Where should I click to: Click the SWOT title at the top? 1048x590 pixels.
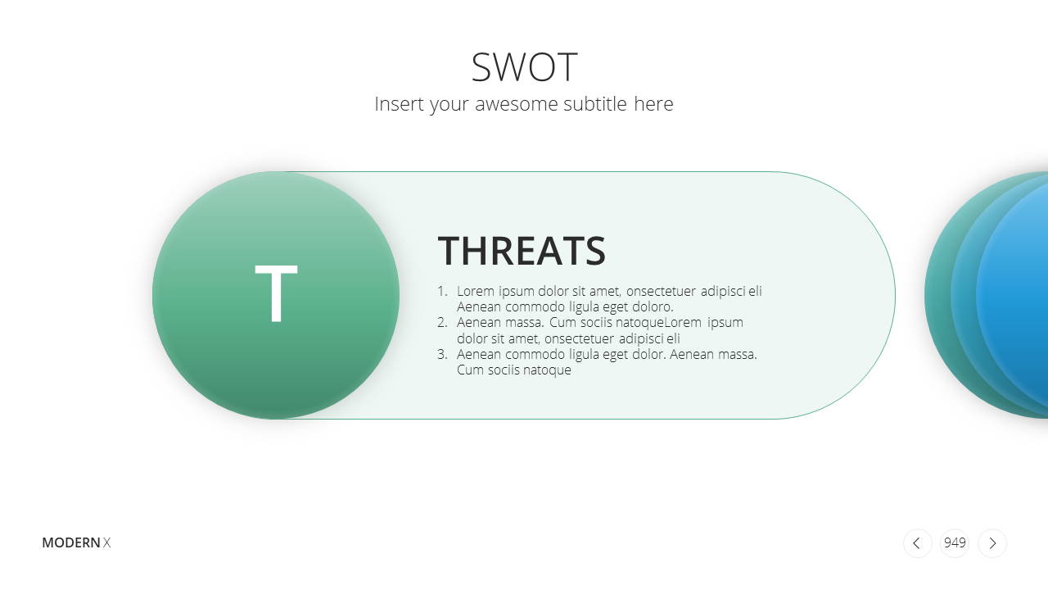coord(524,67)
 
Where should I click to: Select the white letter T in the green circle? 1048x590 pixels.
coord(276,293)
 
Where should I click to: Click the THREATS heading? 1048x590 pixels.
coord(522,251)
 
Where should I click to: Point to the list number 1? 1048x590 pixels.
coord(442,291)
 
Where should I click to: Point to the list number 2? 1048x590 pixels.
coord(442,323)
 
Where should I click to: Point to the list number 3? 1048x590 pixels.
coord(442,354)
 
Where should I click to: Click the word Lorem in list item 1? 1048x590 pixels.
coord(476,291)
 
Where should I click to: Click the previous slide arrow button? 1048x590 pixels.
coord(917,543)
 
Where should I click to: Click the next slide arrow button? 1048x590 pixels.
coord(992,543)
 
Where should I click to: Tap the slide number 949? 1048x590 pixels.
coord(955,542)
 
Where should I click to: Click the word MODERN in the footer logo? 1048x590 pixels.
coord(71,542)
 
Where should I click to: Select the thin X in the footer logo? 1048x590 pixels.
coord(106,542)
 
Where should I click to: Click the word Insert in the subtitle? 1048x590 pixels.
coord(400,104)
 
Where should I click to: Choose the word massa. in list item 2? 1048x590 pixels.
coord(525,323)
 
